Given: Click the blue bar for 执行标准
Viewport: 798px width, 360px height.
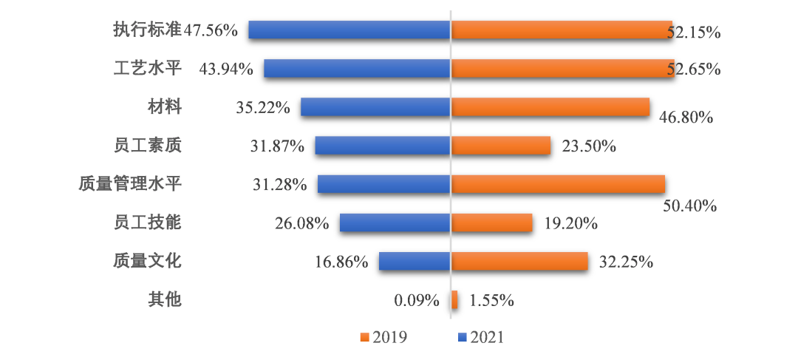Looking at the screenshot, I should [349, 30].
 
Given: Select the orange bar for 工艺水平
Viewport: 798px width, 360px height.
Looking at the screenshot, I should [562, 69].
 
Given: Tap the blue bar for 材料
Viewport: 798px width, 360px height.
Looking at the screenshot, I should [375, 107].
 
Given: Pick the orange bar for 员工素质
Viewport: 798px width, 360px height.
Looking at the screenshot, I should [501, 146].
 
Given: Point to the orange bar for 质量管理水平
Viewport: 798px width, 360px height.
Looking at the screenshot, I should [558, 184].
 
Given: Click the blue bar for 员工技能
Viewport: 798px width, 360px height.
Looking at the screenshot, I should [395, 223].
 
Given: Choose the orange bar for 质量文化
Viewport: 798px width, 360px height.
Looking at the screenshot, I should [519, 261].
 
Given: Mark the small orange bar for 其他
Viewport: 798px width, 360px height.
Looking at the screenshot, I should [454, 299].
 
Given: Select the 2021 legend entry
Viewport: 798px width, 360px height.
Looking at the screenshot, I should [481, 337].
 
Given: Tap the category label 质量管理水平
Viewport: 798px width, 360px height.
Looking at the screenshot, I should [130, 184].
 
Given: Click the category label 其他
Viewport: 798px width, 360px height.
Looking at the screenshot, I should [164, 299].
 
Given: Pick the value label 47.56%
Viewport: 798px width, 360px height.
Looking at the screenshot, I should [211, 30].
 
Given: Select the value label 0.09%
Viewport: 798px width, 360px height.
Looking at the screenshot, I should [417, 300].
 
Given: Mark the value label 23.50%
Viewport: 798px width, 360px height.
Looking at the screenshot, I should [589, 146].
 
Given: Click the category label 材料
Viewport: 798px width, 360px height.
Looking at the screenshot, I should [164, 107].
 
